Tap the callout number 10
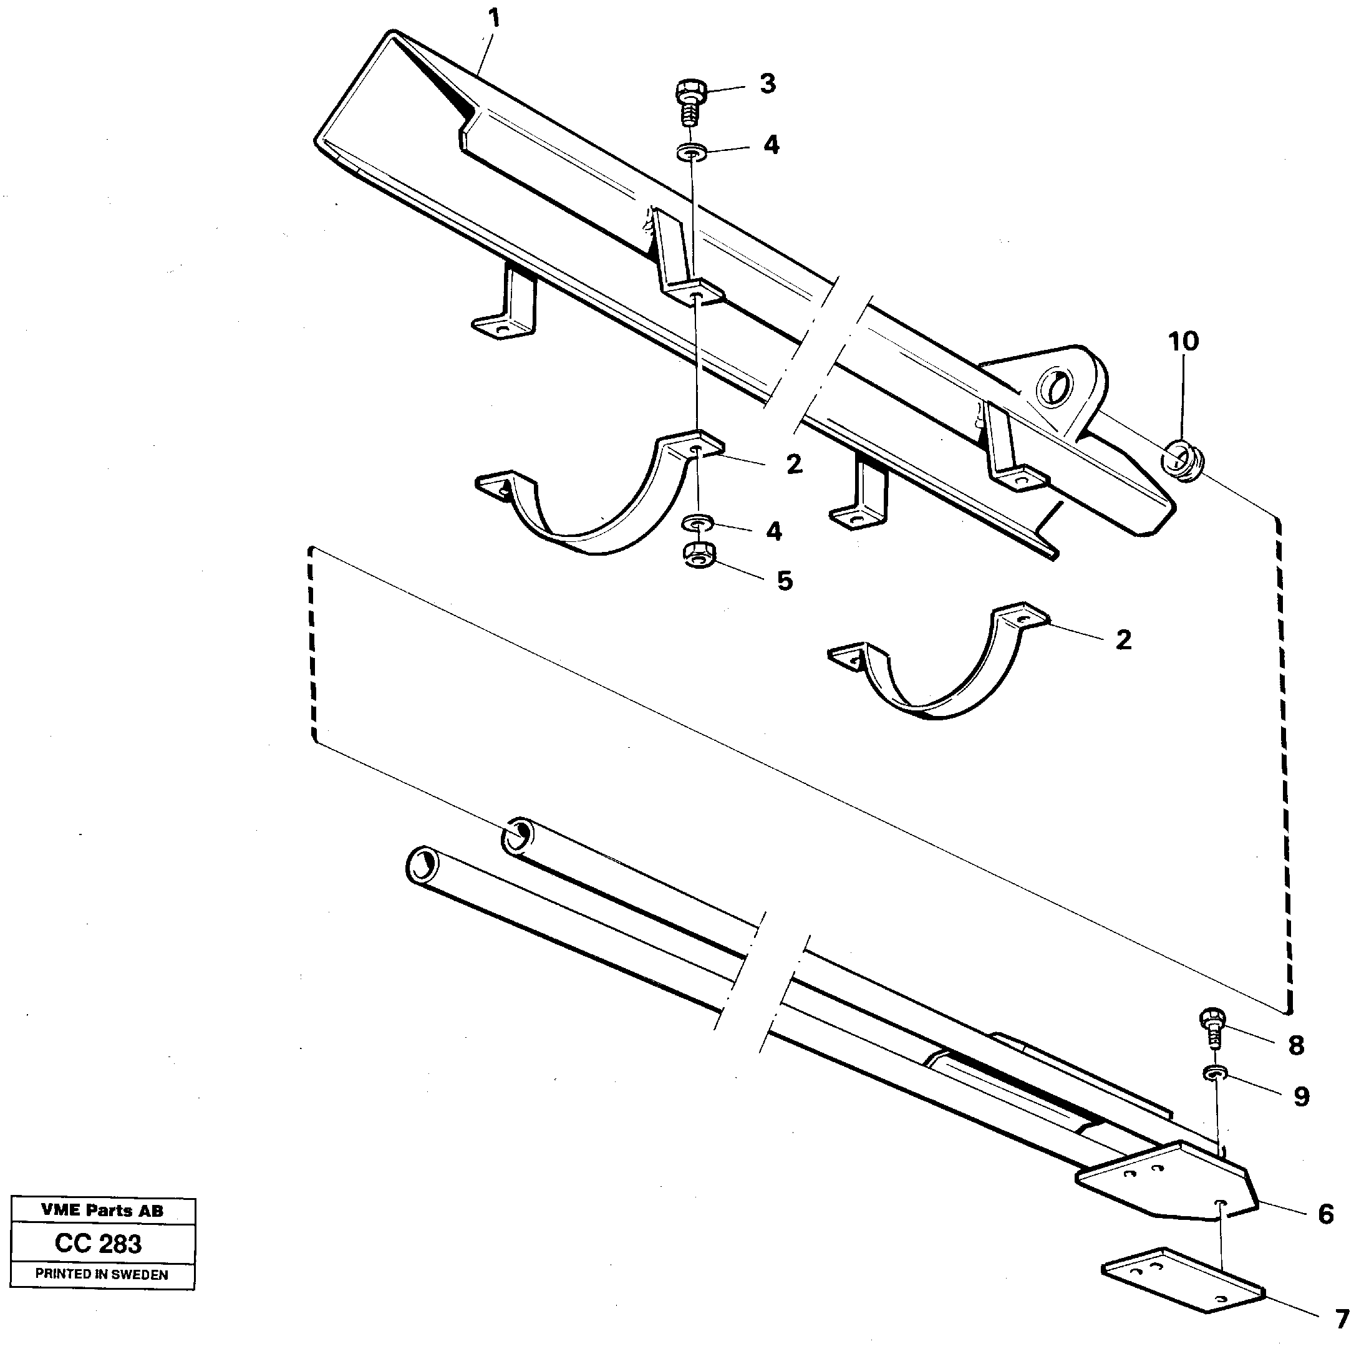(1183, 342)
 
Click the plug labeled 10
(1180, 460)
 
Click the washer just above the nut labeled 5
(697, 524)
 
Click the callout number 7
(1342, 1319)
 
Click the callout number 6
(1326, 1214)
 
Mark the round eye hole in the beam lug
(1057, 389)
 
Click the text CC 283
(99, 1244)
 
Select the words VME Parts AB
(102, 1210)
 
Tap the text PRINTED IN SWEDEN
(102, 1274)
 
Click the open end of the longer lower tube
(423, 864)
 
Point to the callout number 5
(785, 581)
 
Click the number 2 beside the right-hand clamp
(1123, 640)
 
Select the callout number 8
(1296, 1045)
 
